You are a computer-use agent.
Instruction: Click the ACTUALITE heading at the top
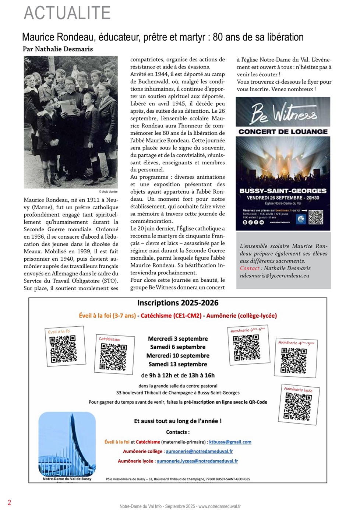coord(67,13)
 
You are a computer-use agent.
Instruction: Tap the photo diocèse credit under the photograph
coord(108,192)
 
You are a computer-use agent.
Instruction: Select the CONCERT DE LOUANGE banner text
coord(283,131)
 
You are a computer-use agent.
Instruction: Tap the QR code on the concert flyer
coord(316,217)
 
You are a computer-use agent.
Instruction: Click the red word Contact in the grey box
coord(250,268)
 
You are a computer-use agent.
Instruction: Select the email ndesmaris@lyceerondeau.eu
coord(274,275)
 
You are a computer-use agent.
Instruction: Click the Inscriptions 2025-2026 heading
coord(178,303)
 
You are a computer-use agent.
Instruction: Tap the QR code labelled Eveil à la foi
coord(63,348)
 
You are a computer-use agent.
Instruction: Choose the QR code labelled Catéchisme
coord(113,356)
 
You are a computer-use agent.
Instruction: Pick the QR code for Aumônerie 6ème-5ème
coord(247,347)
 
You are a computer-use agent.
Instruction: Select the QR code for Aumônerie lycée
coord(298,406)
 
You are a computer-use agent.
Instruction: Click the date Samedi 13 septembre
coord(178,364)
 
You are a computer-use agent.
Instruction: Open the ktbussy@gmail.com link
coord(230,442)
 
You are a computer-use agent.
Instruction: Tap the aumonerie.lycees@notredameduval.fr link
coord(197,461)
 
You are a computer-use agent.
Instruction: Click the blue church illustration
coord(67,444)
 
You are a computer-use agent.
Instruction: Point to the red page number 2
coord(10,502)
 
